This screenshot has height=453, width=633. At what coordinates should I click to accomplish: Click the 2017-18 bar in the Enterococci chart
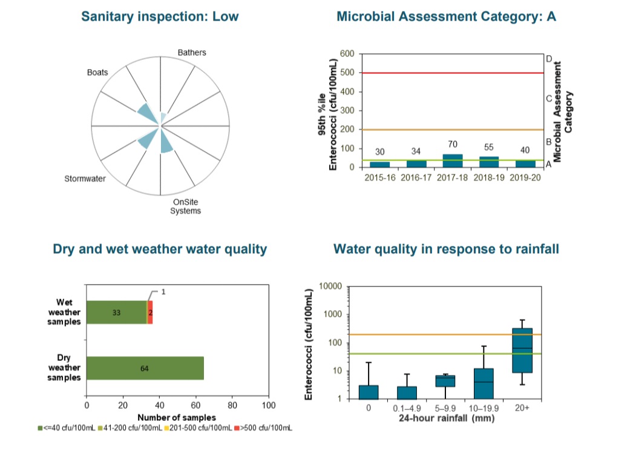[x=453, y=160]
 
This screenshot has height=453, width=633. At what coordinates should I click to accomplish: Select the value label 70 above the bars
[x=453, y=145]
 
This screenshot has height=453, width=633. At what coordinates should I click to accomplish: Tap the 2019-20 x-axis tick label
[x=523, y=178]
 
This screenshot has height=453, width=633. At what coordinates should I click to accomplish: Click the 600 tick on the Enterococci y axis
[x=347, y=54]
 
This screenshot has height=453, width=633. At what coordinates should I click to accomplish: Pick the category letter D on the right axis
[x=549, y=59]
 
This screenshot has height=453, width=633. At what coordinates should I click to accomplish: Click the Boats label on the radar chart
[x=97, y=72]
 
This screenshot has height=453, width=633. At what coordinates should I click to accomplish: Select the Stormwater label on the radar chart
[x=85, y=179]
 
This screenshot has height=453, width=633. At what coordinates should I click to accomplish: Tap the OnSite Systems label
[x=185, y=206]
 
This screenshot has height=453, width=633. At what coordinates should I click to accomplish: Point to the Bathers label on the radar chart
[x=192, y=53]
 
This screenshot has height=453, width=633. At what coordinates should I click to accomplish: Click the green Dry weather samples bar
[x=145, y=368]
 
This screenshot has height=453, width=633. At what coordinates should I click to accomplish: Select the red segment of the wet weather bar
[x=150, y=312]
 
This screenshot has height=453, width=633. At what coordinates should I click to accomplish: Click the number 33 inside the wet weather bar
[x=116, y=312]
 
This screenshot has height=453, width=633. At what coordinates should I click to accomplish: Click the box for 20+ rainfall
[x=522, y=350]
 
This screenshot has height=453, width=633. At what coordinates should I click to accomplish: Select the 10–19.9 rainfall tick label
[x=484, y=408]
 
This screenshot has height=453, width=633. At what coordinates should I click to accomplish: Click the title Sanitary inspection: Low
[x=160, y=16]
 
